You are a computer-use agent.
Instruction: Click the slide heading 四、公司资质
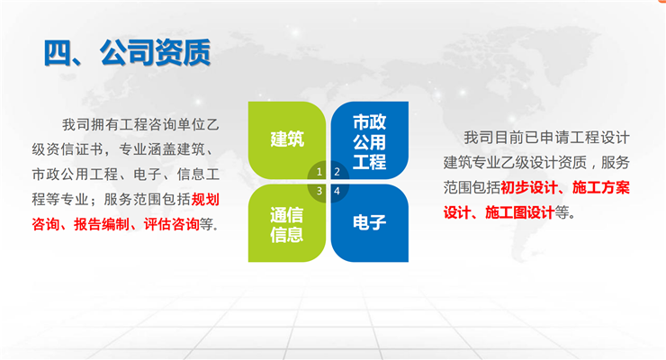[x=127, y=52]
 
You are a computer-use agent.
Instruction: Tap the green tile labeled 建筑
[x=287, y=140]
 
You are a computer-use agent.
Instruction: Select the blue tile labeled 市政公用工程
[x=370, y=140]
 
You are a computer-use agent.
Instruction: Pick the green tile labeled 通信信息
[x=287, y=223]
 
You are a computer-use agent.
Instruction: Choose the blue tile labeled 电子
[x=370, y=223]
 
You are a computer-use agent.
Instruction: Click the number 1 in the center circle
[x=319, y=172]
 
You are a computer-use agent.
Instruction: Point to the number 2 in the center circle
[x=337, y=172]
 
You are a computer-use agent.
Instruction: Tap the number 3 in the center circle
[x=319, y=191]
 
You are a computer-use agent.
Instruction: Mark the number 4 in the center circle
[x=337, y=191]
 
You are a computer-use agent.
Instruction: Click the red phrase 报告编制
[x=102, y=224]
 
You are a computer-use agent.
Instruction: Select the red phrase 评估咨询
[x=172, y=224]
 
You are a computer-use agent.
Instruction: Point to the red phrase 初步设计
[x=529, y=187]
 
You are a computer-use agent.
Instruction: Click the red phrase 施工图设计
[x=520, y=212]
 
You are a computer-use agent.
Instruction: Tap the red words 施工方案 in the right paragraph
[x=601, y=187]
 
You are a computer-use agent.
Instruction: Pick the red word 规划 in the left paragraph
[x=205, y=199]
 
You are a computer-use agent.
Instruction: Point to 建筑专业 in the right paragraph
[x=472, y=162]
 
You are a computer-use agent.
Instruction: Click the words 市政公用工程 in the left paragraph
[x=75, y=174]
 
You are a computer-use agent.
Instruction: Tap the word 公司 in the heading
[x=127, y=52]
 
